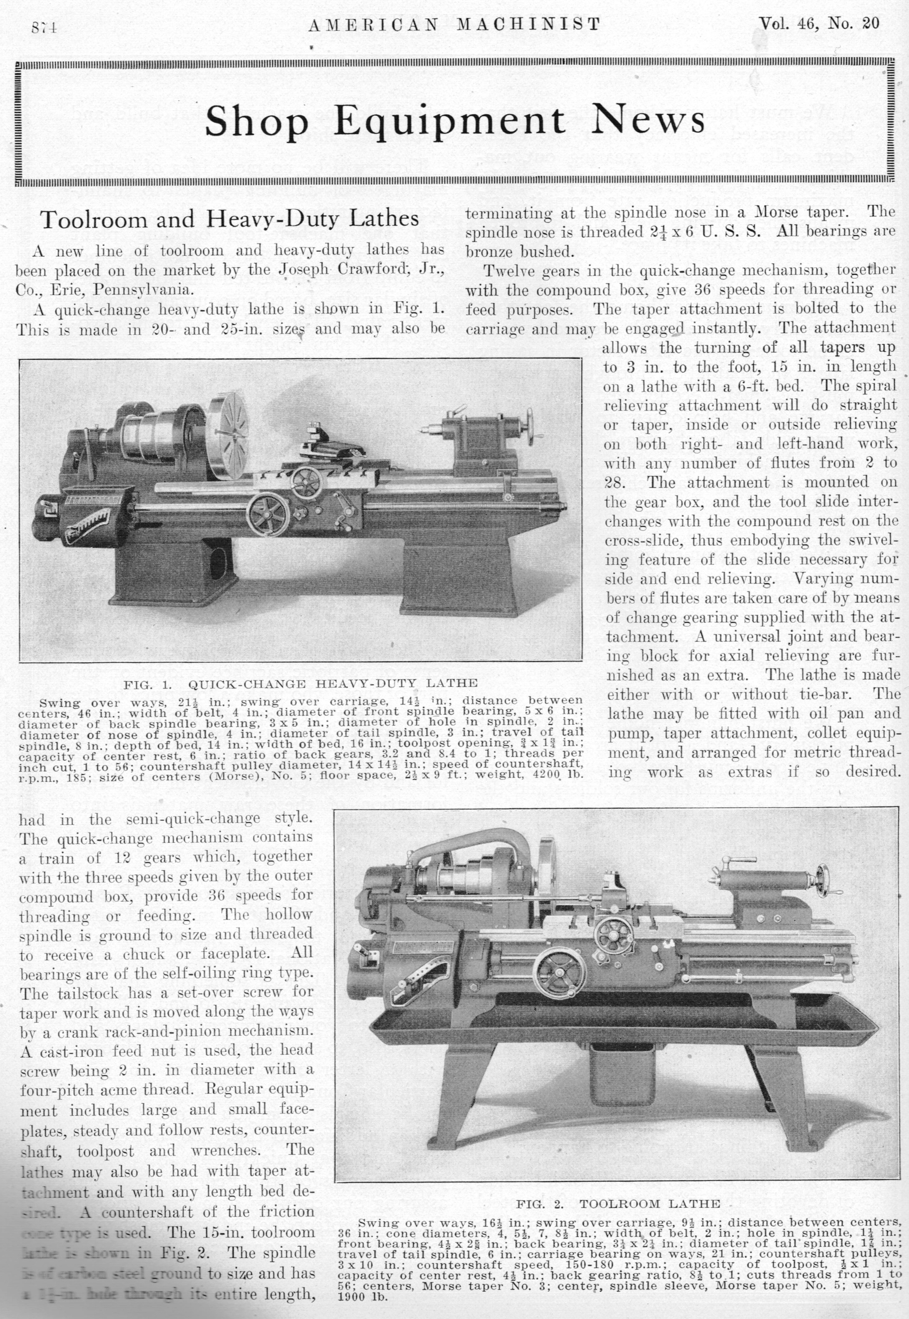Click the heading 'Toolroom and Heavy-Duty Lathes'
coord(230,219)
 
